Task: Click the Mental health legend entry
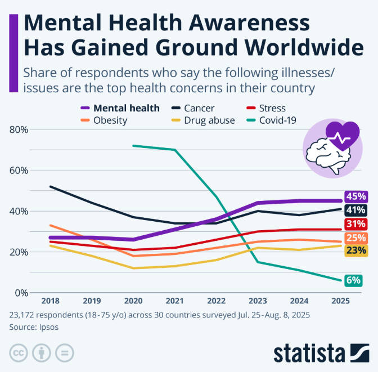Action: click(126, 108)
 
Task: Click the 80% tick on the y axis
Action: click(20, 129)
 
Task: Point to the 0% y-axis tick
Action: click(22, 293)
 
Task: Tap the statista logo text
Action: click(309, 353)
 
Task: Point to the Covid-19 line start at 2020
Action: click(133, 145)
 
